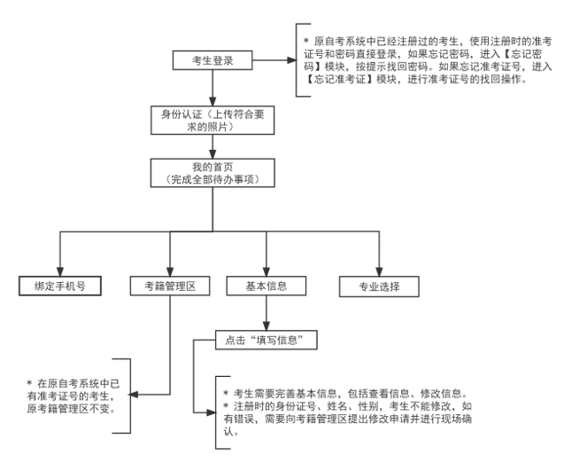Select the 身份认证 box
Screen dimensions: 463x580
[211, 119]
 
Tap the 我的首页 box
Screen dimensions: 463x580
[211, 174]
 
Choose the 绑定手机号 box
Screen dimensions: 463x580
[59, 286]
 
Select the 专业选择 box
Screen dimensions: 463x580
[378, 286]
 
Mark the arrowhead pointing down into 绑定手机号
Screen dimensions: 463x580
[59, 272]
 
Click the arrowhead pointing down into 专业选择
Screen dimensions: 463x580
[378, 272]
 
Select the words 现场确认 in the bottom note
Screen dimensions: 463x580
[512, 421]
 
